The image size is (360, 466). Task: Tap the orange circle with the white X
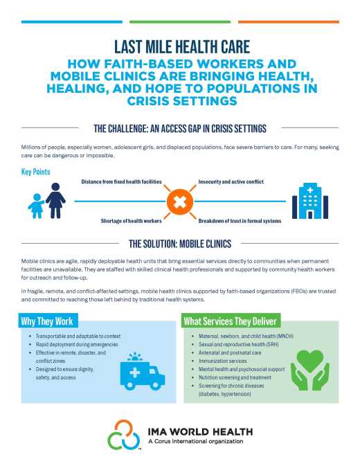[x=179, y=201]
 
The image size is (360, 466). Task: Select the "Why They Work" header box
[x=47, y=321]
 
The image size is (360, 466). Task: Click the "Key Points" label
[x=36, y=171]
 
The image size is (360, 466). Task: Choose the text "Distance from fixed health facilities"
[x=121, y=181]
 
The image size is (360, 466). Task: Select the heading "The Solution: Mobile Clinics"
[x=180, y=244]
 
